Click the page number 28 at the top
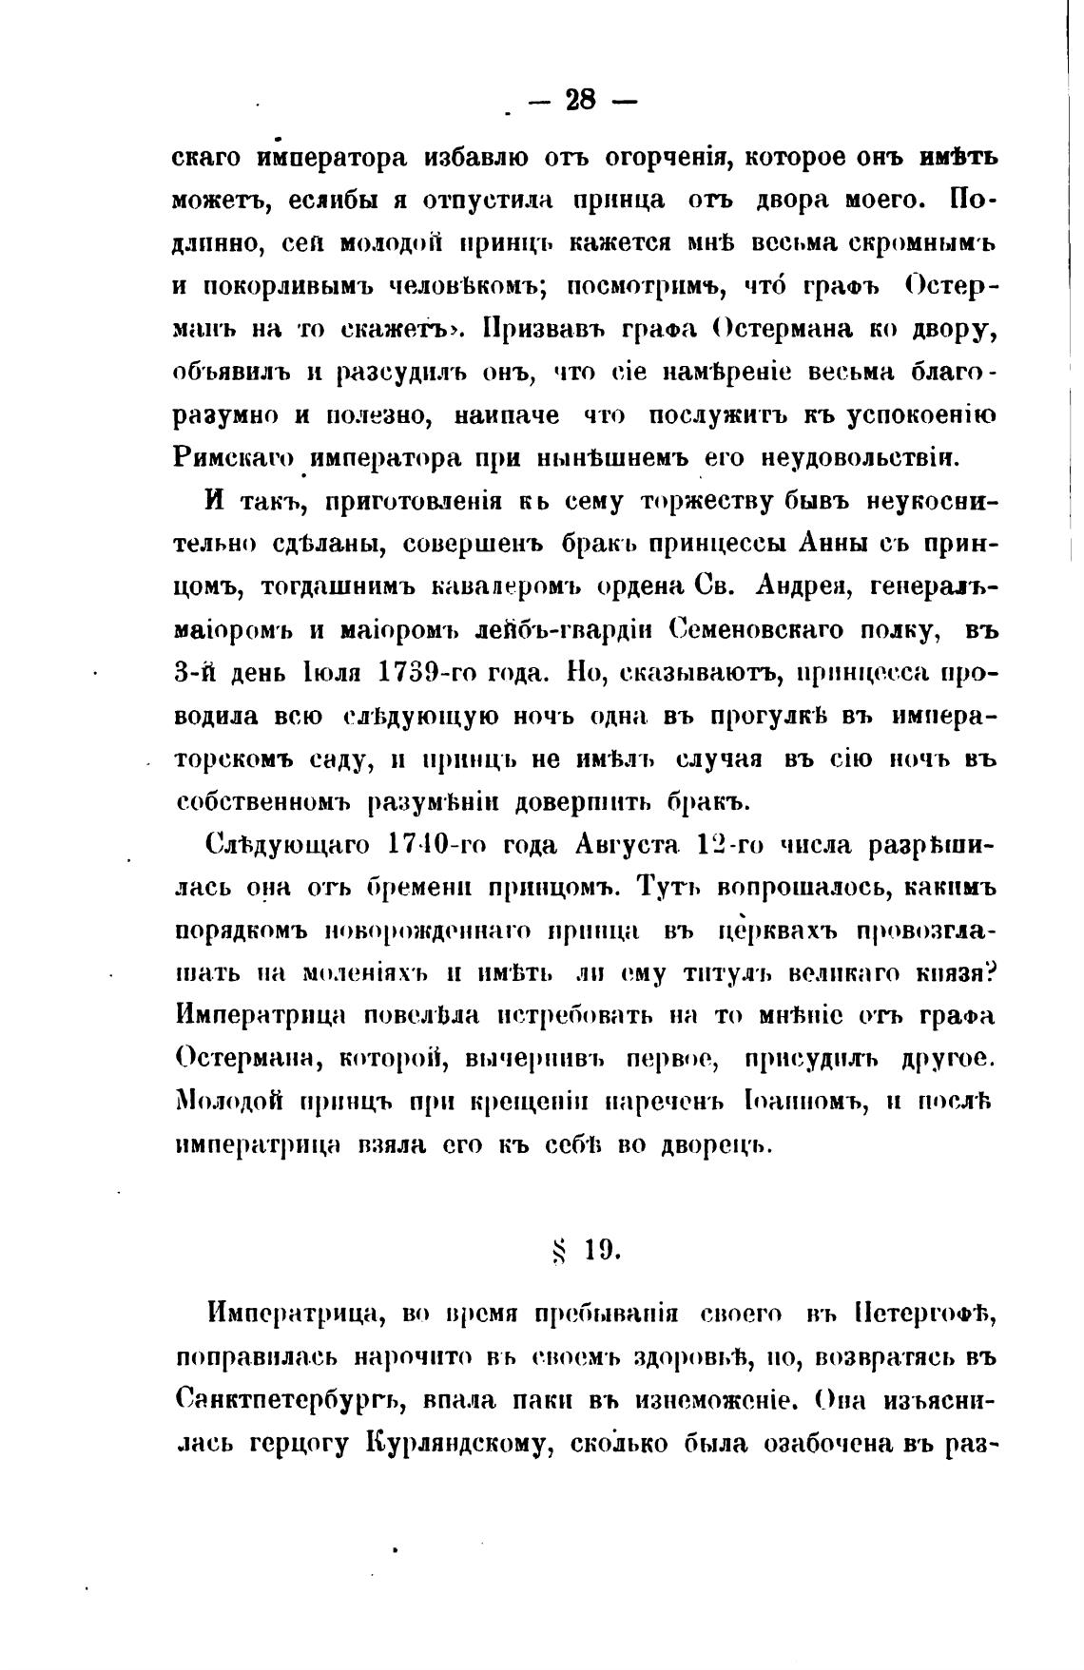pyautogui.click(x=579, y=100)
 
